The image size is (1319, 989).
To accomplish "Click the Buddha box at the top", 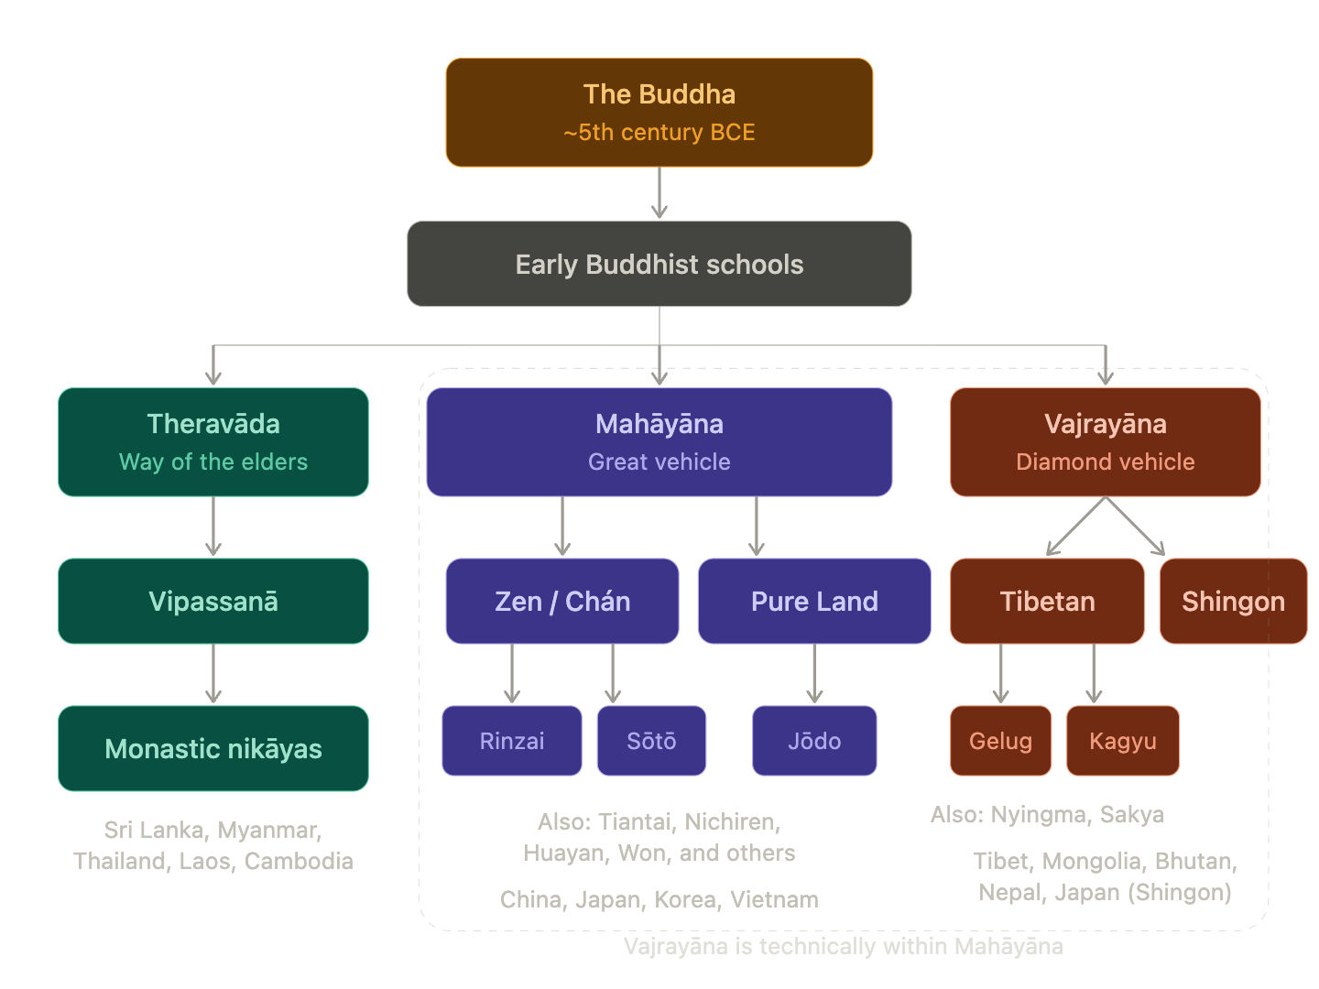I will [659, 112].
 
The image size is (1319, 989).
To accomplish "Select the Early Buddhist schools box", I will [659, 264].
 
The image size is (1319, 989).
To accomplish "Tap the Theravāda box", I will [213, 441].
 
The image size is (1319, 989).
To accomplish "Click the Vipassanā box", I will [213, 601].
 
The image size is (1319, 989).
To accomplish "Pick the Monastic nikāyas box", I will [213, 748].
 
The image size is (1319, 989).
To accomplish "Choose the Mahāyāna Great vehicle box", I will [659, 441].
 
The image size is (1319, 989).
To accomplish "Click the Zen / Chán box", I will [562, 601].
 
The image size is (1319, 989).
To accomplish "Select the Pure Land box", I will [814, 601].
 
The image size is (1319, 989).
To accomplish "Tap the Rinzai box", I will [512, 741].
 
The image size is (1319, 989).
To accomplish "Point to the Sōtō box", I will [651, 741].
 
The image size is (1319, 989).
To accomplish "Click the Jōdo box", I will [814, 741].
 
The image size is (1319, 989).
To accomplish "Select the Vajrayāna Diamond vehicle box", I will [1106, 441].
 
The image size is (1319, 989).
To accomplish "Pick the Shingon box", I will [1233, 601].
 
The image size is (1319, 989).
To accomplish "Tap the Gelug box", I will [1000, 741].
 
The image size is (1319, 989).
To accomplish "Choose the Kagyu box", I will [1123, 741].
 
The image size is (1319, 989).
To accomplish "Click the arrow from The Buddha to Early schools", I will [659, 193].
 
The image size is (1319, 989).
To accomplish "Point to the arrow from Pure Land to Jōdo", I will [814, 674].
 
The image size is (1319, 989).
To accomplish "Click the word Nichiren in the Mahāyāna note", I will [731, 821].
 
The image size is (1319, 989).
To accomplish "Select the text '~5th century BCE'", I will [659, 133].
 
